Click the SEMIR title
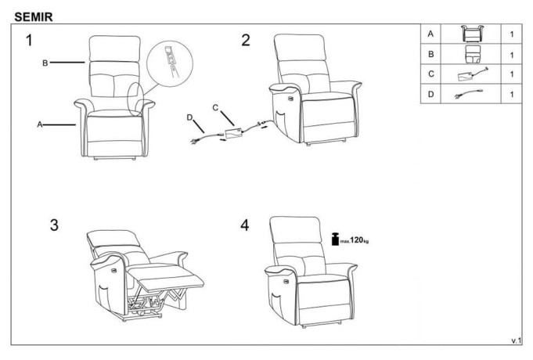34,16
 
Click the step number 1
29,40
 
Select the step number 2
246,40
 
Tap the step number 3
54,225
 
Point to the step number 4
244,225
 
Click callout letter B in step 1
45,63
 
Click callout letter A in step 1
40,124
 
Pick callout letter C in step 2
215,108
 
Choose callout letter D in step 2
189,117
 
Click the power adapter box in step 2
233,134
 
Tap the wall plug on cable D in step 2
195,141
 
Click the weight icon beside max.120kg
335,239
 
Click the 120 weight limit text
357,240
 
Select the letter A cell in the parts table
430,34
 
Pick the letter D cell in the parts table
430,94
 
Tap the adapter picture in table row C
473,74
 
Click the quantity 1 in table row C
512,74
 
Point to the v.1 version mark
516,340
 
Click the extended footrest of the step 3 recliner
167,277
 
